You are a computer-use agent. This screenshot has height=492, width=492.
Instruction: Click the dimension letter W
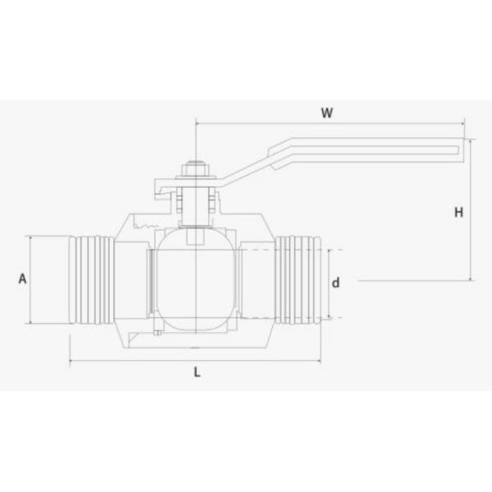327,113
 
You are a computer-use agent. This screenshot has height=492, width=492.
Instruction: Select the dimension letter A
23,279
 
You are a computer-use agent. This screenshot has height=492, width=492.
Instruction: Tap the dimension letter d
335,283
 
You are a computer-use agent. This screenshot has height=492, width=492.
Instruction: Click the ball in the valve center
197,280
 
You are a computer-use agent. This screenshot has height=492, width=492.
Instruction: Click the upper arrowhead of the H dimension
470,142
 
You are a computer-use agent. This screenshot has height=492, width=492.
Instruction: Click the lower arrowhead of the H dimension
470,278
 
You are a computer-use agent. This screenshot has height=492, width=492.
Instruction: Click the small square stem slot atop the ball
197,238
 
